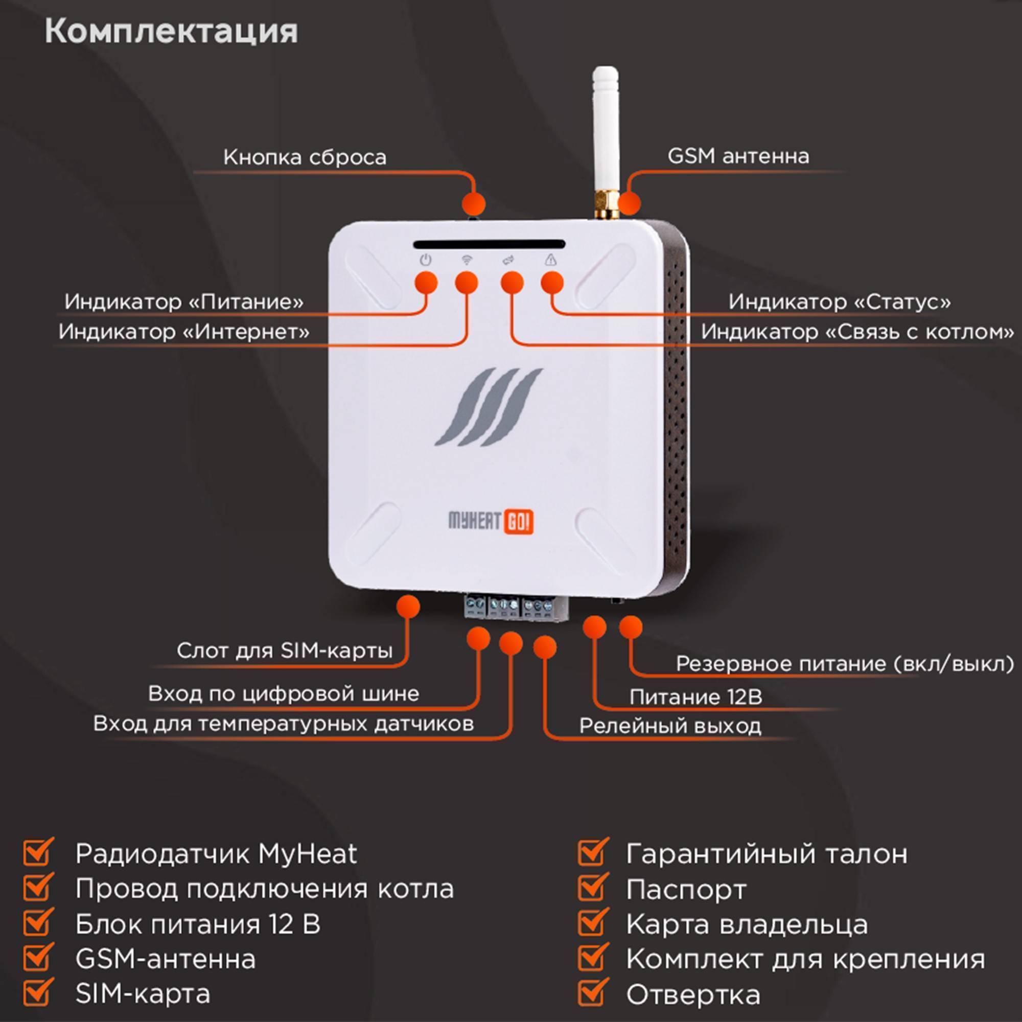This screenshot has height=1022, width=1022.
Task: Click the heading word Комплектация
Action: click(171, 32)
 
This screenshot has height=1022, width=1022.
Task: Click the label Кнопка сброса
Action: click(305, 157)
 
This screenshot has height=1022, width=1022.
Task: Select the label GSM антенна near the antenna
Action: click(738, 156)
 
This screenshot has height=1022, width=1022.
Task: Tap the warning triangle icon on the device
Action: click(551, 260)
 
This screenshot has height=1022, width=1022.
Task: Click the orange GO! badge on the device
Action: click(518, 522)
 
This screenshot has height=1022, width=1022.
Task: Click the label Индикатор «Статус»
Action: click(839, 302)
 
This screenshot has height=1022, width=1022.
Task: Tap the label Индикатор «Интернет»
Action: click(184, 332)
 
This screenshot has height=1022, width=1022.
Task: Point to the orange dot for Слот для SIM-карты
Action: click(408, 606)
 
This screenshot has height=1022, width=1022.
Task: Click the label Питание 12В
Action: click(695, 697)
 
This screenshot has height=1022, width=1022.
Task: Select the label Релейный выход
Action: click(670, 726)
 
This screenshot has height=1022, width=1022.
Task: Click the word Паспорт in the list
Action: click(686, 890)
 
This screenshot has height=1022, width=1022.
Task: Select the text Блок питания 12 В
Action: click(198, 924)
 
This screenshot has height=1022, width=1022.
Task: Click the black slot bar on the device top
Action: click(490, 244)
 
